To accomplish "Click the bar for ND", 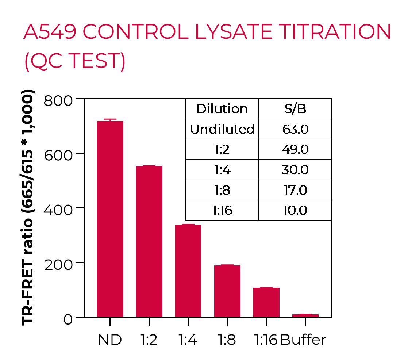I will pyautogui.click(x=110, y=219).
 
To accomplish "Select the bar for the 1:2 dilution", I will pyautogui.click(x=149, y=241).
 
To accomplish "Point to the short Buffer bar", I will pyautogui.click(x=305, y=315).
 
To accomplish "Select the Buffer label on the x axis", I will pyautogui.click(x=303, y=340).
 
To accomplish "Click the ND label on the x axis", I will pyautogui.click(x=110, y=340).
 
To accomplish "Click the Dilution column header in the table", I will pyautogui.click(x=222, y=109).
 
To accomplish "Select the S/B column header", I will pyautogui.click(x=295, y=109).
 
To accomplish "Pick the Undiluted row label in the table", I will pyautogui.click(x=222, y=129).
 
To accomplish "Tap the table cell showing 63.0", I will pyautogui.click(x=295, y=129).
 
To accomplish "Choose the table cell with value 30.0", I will pyautogui.click(x=295, y=170).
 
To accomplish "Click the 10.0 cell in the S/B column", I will pyautogui.click(x=295, y=210).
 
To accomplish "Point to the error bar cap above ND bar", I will pyautogui.click(x=110, y=119).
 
